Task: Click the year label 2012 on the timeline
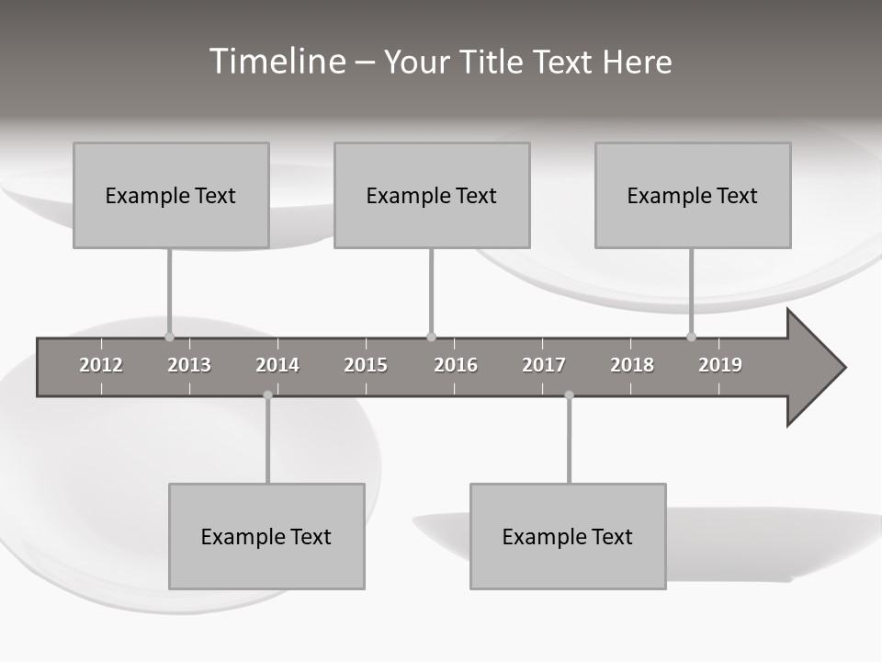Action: [x=101, y=365]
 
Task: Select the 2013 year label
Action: [x=189, y=365]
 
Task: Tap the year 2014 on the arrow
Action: [x=277, y=365]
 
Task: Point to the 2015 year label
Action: [x=366, y=365]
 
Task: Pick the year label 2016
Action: [x=456, y=365]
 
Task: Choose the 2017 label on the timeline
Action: [x=544, y=365]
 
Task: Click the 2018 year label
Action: [x=632, y=365]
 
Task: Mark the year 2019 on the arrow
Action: [x=720, y=365]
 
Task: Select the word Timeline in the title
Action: [x=277, y=62]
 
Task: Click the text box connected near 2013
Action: [x=171, y=195]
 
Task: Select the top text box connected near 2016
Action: [x=432, y=195]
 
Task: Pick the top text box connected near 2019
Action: [x=693, y=195]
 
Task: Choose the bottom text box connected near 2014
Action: [x=266, y=536]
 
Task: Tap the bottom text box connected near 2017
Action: [x=568, y=536]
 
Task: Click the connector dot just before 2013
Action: [x=169, y=337]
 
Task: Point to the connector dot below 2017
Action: [x=569, y=395]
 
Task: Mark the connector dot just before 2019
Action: [x=691, y=337]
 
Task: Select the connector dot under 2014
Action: [x=267, y=395]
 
